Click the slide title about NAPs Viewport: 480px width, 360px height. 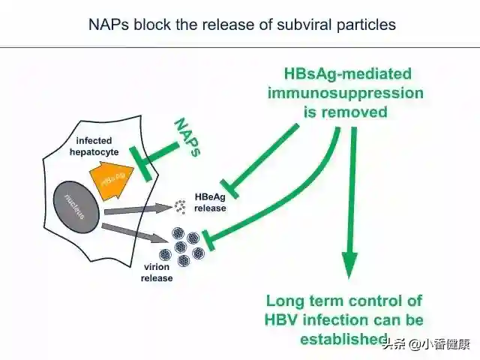[x=240, y=25]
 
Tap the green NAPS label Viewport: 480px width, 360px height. [x=187, y=137]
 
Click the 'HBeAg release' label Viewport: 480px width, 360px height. [x=209, y=202]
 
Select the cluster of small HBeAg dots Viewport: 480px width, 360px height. [x=180, y=205]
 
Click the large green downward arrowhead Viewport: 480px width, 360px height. [x=350, y=264]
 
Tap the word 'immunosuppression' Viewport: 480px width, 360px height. [x=346, y=93]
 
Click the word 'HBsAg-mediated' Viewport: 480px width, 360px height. [x=346, y=73]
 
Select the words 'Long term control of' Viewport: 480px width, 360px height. [x=345, y=301]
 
